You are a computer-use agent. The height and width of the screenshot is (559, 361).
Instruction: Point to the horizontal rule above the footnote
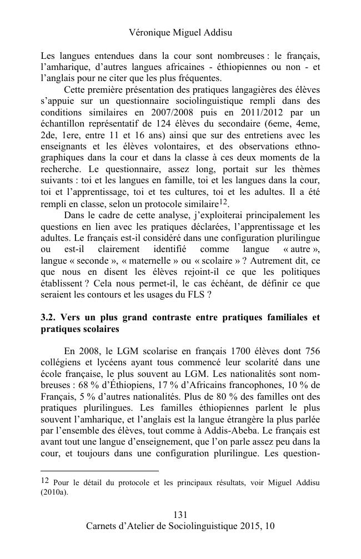point(100,471)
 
